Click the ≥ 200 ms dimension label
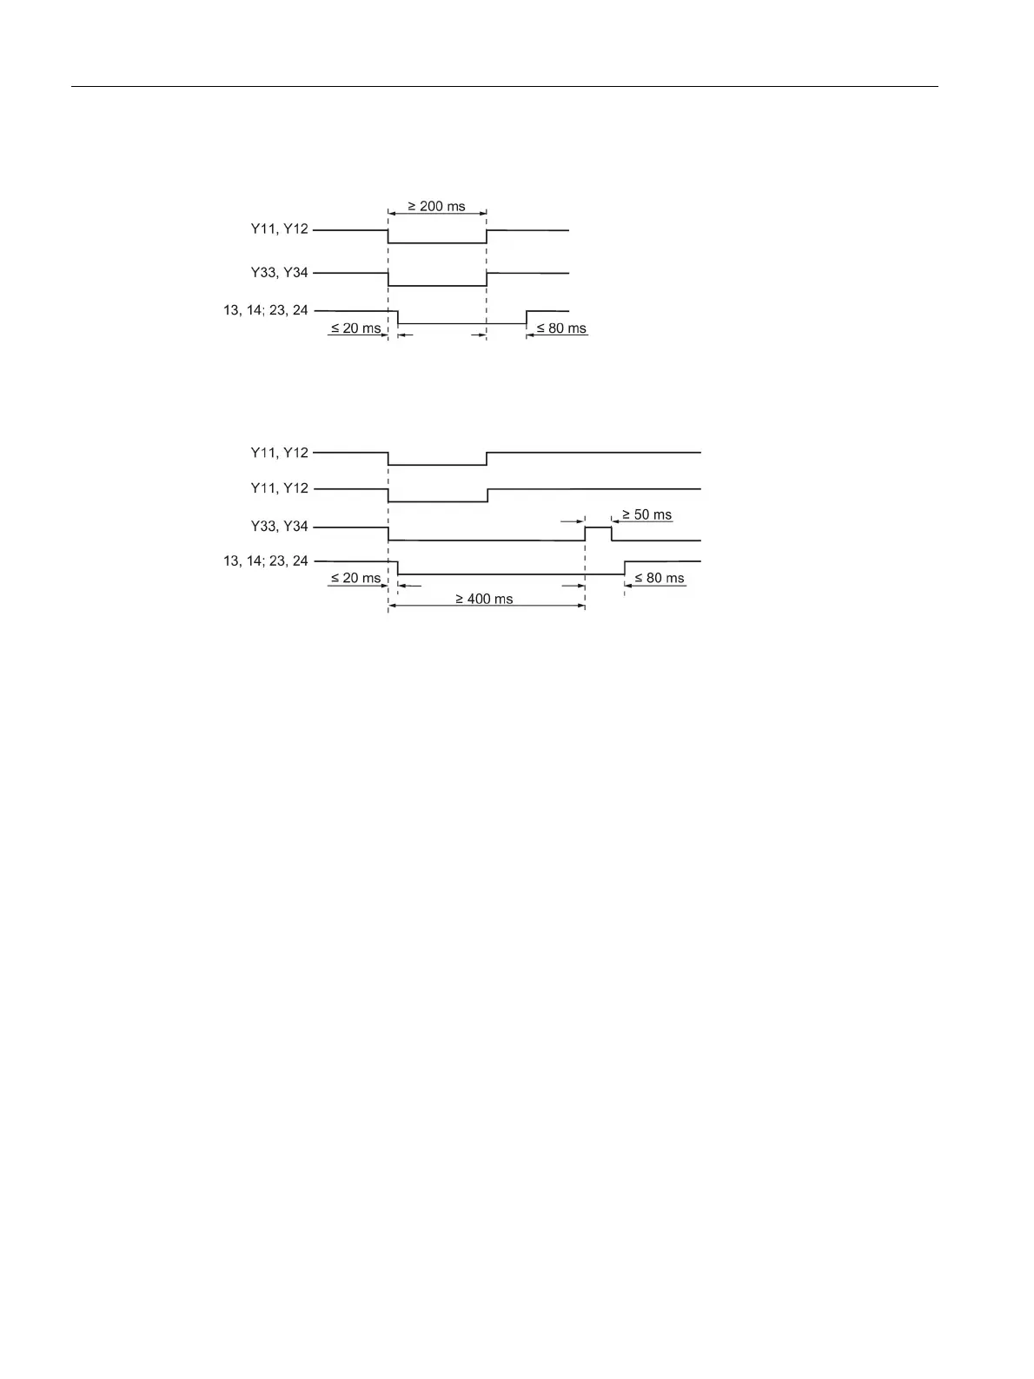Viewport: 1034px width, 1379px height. pyautogui.click(x=437, y=207)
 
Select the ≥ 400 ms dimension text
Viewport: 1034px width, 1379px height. pyautogui.click(x=485, y=599)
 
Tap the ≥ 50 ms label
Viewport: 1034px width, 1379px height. pyautogui.click(x=647, y=514)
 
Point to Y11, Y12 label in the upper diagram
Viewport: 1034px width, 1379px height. pyautogui.click(x=279, y=230)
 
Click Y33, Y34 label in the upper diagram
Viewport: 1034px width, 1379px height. pyautogui.click(x=279, y=273)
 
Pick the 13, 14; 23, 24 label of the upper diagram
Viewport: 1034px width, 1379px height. pyautogui.click(x=266, y=310)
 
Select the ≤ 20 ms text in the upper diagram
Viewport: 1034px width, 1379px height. pyautogui.click(x=355, y=328)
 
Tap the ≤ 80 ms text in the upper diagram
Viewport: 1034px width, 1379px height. pyautogui.click(x=561, y=328)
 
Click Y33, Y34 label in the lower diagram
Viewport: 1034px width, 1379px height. pyautogui.click(x=279, y=527)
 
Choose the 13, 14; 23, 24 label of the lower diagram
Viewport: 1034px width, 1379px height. pyautogui.click(x=266, y=561)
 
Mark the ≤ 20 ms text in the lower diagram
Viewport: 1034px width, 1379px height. pyautogui.click(x=355, y=578)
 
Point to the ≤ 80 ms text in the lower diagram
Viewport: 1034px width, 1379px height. pyautogui.click(x=660, y=578)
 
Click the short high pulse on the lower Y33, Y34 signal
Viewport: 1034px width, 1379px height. pyautogui.click(x=598, y=527)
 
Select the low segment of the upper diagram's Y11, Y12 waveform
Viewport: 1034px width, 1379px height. pyautogui.click(x=437, y=243)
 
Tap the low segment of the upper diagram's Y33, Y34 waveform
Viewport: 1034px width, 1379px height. pyautogui.click(x=437, y=286)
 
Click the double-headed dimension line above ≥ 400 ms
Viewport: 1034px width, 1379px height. pyautogui.click(x=487, y=607)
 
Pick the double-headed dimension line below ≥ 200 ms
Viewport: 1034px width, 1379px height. pyautogui.click(x=437, y=215)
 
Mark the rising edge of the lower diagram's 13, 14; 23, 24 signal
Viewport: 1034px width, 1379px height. pyautogui.click(x=625, y=568)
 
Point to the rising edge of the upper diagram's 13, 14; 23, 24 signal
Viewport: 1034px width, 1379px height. pyautogui.click(x=527, y=317)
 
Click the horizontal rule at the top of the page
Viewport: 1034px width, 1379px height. pyautogui.click(x=504, y=87)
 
